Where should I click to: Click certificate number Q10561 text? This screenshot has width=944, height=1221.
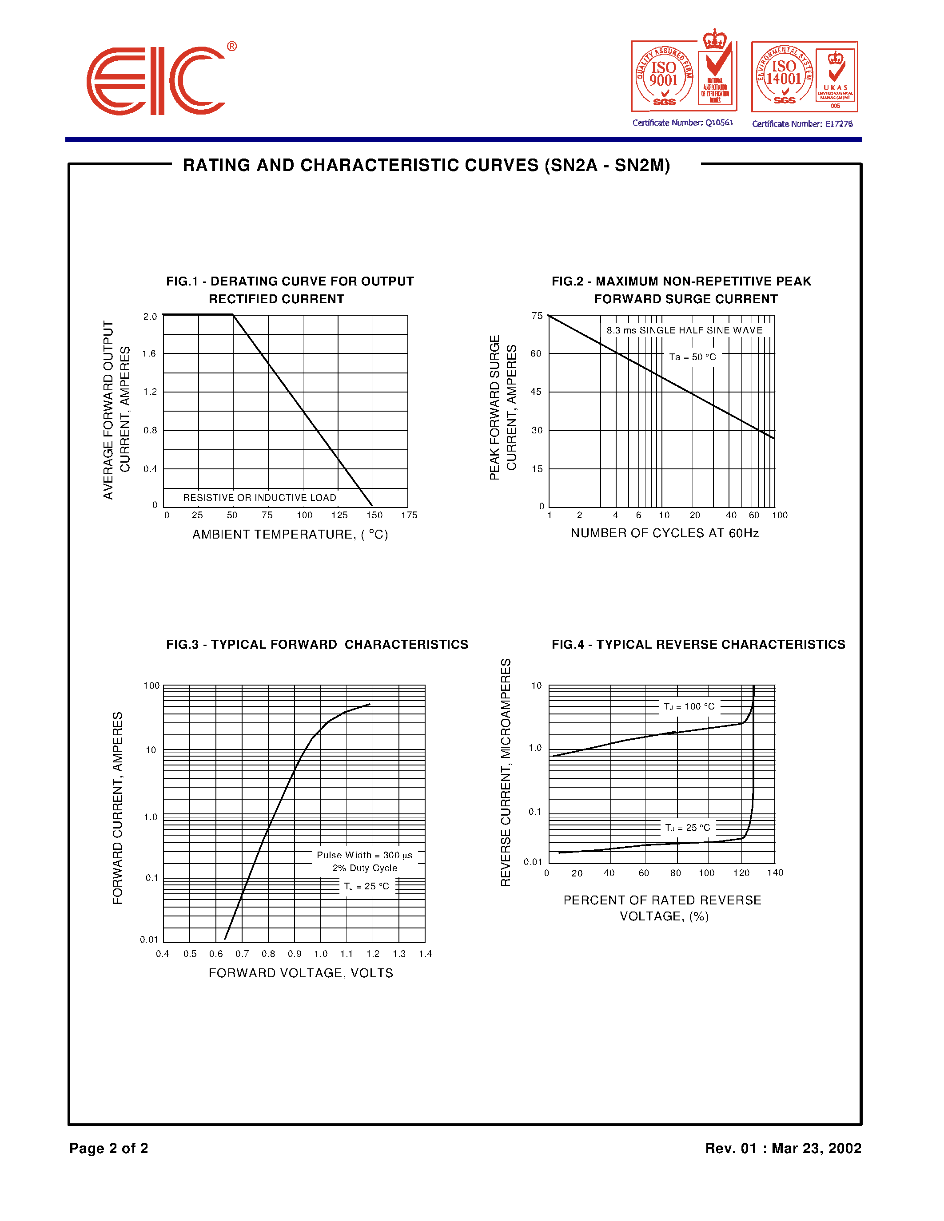(682, 123)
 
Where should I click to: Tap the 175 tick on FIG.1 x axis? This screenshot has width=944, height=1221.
(409, 515)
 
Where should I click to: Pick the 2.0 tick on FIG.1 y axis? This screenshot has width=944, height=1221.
(150, 317)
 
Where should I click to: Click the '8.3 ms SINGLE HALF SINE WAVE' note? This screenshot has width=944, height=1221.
(685, 330)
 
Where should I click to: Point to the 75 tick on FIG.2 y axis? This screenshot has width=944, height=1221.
(537, 316)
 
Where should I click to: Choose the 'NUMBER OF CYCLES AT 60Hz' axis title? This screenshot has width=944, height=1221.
(665, 533)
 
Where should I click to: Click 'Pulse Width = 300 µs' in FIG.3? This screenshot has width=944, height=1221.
(365, 855)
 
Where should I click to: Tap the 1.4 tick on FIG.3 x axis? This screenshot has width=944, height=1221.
(425, 954)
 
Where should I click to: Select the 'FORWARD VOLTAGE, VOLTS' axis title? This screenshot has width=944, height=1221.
(301, 973)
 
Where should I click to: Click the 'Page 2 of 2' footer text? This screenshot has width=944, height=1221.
(108, 1148)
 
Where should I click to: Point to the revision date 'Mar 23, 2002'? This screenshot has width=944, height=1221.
(816, 1148)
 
